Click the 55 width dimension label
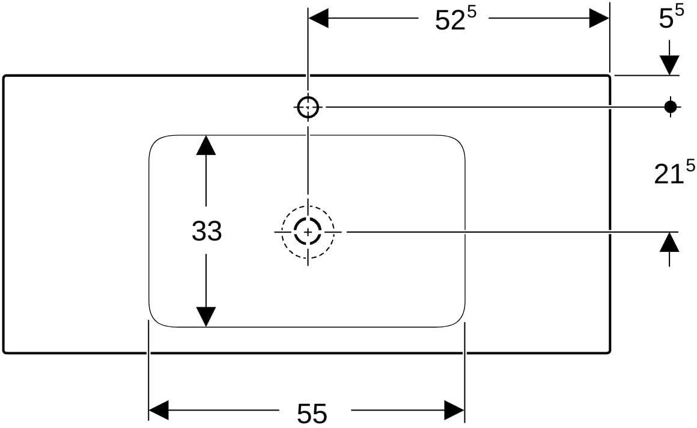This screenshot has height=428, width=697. [x=312, y=414]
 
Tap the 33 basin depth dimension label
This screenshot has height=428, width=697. [x=207, y=231]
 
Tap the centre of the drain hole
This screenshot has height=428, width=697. [x=308, y=232]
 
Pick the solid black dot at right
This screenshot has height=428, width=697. [x=671, y=107]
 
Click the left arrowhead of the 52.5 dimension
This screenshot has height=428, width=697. [x=318, y=18]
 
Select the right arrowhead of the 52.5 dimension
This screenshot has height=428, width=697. [x=599, y=18]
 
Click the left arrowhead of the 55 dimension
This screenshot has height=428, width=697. [x=159, y=410]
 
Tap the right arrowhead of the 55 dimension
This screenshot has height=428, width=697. [x=454, y=410]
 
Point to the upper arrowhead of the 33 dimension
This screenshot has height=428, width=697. [x=206, y=145]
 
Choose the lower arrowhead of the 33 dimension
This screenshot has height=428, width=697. [x=206, y=317]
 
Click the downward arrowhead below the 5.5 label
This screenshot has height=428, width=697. [x=669, y=66]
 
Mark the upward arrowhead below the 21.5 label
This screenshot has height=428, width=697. [x=669, y=242]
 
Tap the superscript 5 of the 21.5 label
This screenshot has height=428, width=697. [x=690, y=165]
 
